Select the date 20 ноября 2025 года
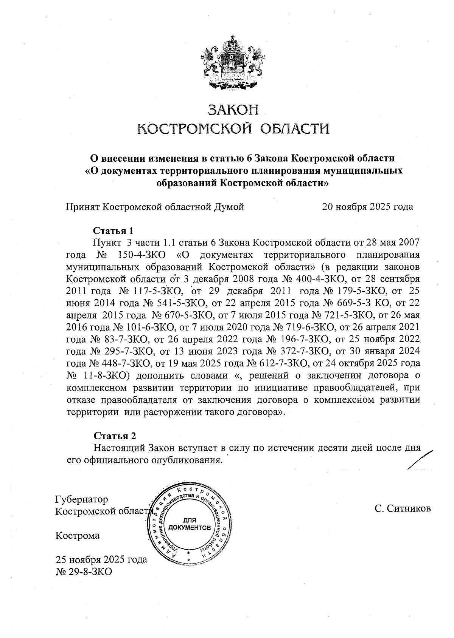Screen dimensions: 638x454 tap(367, 207)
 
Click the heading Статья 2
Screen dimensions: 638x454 tap(114, 436)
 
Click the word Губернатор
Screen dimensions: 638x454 tap(81, 499)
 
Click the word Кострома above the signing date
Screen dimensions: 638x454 tap(78, 536)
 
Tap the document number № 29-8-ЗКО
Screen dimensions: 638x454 tap(84, 572)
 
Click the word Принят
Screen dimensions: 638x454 tap(83, 207)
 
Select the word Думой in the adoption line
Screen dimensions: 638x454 tap(229, 207)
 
